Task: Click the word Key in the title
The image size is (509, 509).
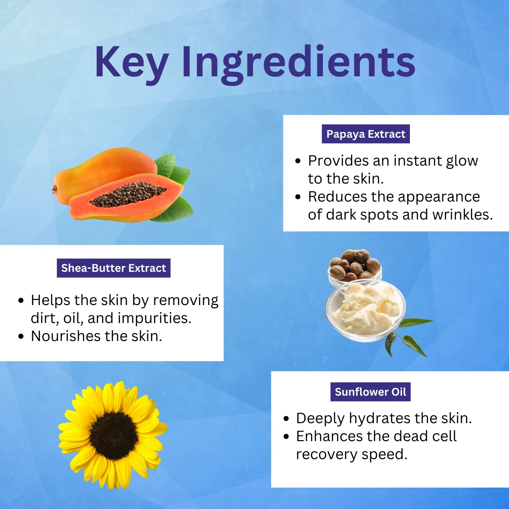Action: tap(132, 63)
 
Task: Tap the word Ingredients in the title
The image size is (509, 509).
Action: tap(299, 63)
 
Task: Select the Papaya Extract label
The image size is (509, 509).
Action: tap(366, 134)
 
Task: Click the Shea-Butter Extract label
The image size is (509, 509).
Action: tap(114, 268)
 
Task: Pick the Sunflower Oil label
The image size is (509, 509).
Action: tap(371, 392)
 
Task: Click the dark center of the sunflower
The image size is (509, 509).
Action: tap(114, 436)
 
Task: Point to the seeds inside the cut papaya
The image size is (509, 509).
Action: tap(128, 194)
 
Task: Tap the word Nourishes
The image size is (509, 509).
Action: tap(65, 336)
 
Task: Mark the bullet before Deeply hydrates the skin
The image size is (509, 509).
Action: tap(286, 419)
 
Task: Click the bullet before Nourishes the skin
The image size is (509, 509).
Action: tap(21, 337)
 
